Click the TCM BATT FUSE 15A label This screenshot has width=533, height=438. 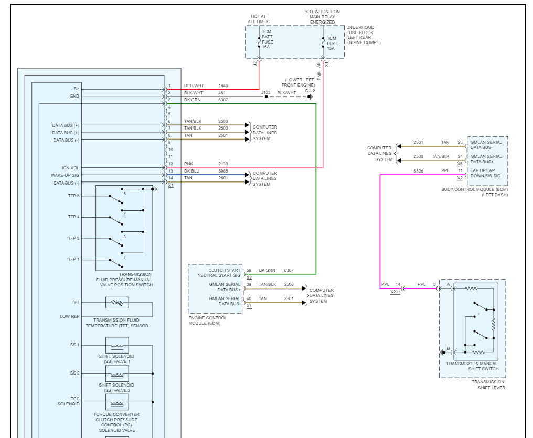click(267, 39)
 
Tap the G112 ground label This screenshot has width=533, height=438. click(310, 91)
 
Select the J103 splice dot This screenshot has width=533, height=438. click(266, 97)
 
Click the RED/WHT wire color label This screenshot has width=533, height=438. click(194, 86)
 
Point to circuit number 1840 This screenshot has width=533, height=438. click(223, 86)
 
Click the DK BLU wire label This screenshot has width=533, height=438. click(191, 171)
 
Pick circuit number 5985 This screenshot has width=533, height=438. click(223, 171)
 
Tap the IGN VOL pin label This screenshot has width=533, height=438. click(70, 168)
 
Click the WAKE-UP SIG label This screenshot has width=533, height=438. click(65, 175)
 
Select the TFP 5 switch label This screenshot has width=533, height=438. click(74, 196)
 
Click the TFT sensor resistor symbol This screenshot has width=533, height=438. click(117, 303)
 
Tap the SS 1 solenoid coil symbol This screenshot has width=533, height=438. click(117, 345)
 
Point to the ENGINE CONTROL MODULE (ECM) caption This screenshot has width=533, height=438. click(207, 321)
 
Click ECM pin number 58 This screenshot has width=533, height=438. click(249, 270)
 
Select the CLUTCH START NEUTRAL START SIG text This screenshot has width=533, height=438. click(219, 273)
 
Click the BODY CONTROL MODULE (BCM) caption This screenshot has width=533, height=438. click(475, 192)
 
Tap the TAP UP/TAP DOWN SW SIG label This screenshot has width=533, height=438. click(485, 173)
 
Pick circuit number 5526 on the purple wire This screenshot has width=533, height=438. click(419, 171)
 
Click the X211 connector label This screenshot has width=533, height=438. click(395, 292)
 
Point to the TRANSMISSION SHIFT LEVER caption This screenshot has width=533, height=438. click(488, 384)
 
